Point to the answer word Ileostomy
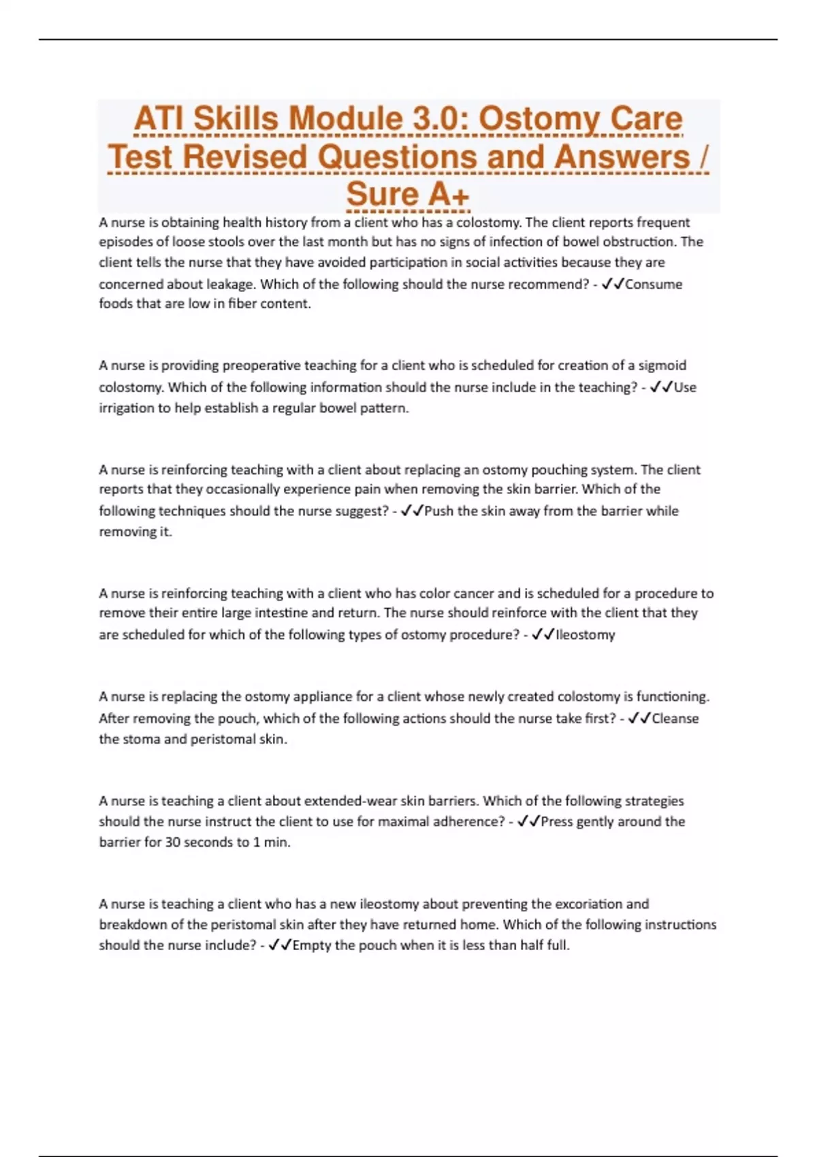pyautogui.click(x=586, y=634)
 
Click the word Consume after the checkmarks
pyautogui.click(x=654, y=284)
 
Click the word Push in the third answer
pyautogui.click(x=439, y=510)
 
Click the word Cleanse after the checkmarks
pyautogui.click(x=675, y=718)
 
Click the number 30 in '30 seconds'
pyautogui.click(x=173, y=842)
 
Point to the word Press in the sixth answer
pyautogui.click(x=557, y=821)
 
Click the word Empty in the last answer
pyautogui.click(x=312, y=945)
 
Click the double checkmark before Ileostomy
pyautogui.click(x=543, y=634)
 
